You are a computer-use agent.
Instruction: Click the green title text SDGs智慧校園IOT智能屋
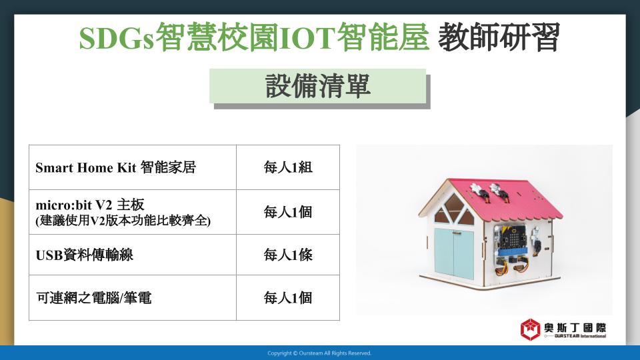click(254, 37)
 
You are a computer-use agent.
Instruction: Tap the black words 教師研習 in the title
click(499, 37)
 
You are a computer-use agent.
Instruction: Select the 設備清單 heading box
click(318, 86)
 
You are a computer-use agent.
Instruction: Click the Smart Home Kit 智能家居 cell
click(133, 167)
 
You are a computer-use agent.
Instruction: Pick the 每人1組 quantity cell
click(288, 167)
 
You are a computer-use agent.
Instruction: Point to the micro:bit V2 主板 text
click(90, 205)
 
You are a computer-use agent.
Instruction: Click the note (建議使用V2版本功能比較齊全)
click(123, 221)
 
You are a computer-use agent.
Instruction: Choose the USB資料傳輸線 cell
click(133, 255)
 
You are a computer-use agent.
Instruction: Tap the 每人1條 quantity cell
click(288, 255)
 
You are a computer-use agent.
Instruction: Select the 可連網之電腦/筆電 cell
click(133, 297)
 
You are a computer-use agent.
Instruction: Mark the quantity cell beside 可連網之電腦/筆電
click(288, 297)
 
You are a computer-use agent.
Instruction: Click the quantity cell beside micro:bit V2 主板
click(288, 212)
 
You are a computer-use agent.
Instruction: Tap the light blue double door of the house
click(454, 253)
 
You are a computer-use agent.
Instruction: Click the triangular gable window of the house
click(453, 210)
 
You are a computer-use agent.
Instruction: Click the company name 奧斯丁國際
click(575, 328)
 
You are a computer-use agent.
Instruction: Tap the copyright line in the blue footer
click(319, 353)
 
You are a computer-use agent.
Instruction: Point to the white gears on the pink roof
click(486, 189)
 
